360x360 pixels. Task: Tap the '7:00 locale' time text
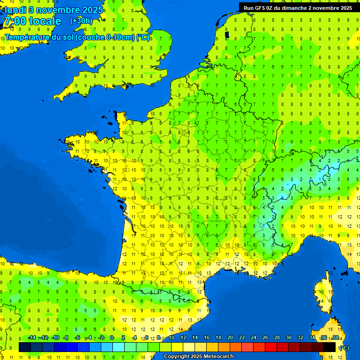[x=32, y=22]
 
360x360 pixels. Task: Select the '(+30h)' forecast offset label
[x=81, y=21]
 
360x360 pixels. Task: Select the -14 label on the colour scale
[x=32, y=338]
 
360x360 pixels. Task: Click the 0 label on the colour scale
[x=112, y=338]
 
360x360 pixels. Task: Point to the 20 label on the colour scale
[x=230, y=338]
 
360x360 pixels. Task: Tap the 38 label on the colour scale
[x=335, y=338]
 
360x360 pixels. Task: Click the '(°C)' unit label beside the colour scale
[x=344, y=348]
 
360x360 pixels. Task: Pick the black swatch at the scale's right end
[x=330, y=347]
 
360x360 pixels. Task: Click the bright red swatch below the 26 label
[x=271, y=347]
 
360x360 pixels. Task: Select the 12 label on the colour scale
[x=183, y=338]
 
